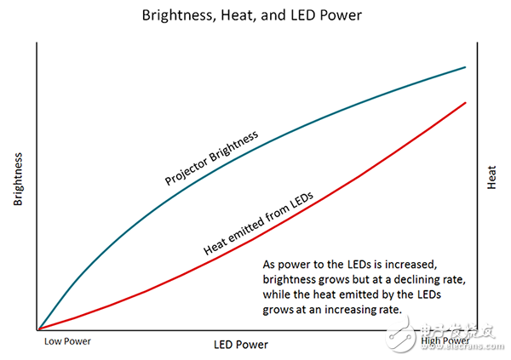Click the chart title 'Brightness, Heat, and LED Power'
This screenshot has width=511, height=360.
[x=255, y=15]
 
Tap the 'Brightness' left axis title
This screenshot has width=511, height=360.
[x=18, y=181]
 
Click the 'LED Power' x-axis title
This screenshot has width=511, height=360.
[x=241, y=345]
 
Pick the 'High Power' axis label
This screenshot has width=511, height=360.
[x=445, y=342]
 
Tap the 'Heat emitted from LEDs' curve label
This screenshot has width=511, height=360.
[x=258, y=224]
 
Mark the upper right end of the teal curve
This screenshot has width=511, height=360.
[x=465, y=66]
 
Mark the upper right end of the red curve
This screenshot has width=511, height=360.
[x=465, y=102]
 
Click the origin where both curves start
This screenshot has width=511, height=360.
[x=38, y=329]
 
